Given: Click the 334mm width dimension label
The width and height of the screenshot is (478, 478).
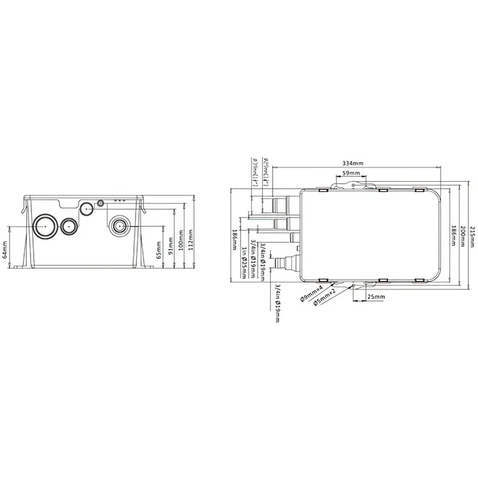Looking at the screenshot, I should coord(353,163).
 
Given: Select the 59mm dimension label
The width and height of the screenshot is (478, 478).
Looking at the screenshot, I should coord(352,173).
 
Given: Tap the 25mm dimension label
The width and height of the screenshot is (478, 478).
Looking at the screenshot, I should coord(376,298).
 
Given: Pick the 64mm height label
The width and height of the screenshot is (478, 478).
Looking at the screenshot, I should coord(5,250).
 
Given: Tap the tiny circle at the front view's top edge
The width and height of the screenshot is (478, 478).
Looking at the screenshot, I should coord(100,203).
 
